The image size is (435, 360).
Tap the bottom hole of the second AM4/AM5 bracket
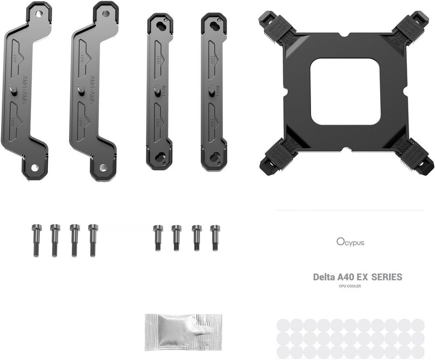point(102,167)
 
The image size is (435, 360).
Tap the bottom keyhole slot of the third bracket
point(160,158)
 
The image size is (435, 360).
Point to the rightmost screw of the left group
point(93,239)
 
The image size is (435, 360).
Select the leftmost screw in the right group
point(158,237)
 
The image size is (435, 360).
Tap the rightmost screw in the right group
point(215,237)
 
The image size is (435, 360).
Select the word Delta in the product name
point(324,277)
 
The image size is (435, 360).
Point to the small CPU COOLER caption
point(350,286)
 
